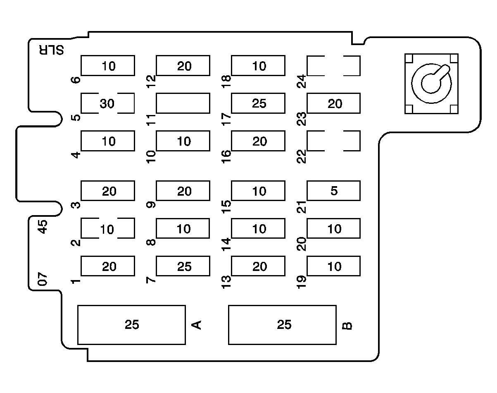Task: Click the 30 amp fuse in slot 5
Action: point(107,103)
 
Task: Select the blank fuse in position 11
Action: point(183,103)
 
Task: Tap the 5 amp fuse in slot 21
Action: point(333,191)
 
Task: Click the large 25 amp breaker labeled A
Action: point(131,325)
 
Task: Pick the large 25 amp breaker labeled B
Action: point(282,325)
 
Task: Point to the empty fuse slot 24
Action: point(333,66)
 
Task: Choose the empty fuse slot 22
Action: point(333,141)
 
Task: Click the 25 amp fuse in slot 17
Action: point(258,103)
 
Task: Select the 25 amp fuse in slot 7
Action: point(183,266)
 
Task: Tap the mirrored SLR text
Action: point(52,50)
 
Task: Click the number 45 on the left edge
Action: point(43,227)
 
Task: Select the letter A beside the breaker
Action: point(197,325)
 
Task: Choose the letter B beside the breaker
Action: point(348,326)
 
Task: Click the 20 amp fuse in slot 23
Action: point(333,103)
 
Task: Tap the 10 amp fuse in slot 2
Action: point(107,229)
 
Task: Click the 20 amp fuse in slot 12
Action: point(183,66)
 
